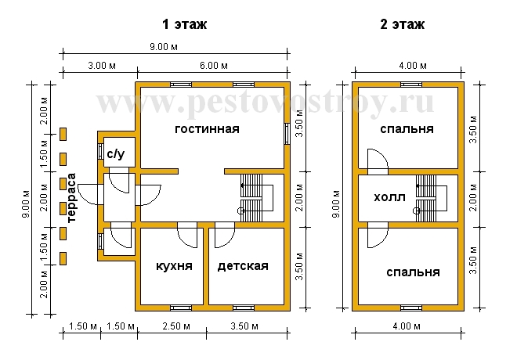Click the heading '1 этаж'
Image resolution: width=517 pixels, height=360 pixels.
184,24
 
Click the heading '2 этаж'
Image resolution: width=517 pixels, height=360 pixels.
403,24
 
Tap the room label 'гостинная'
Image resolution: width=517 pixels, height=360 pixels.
207,129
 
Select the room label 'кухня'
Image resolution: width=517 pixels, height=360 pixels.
174,266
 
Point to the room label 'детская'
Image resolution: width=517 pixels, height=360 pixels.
243,266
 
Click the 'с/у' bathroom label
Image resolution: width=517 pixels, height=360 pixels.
116,154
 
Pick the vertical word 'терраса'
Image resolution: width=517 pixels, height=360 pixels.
71,198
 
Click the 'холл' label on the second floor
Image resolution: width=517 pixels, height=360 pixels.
389,198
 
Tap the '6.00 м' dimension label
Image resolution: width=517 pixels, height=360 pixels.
214,66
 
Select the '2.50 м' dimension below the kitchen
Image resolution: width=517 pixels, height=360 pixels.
176,326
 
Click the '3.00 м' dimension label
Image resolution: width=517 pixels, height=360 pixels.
102,66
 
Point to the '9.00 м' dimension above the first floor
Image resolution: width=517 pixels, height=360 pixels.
164,47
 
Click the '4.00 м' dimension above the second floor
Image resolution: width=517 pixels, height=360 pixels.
413,66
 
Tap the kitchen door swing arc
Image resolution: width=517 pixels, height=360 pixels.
190,243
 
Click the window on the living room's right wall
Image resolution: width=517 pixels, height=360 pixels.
287,134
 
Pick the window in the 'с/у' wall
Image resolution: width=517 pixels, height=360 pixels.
100,152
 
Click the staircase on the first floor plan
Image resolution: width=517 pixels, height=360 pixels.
256,198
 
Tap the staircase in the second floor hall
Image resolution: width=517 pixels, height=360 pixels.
431,198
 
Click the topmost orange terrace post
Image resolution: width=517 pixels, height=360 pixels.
63,135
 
